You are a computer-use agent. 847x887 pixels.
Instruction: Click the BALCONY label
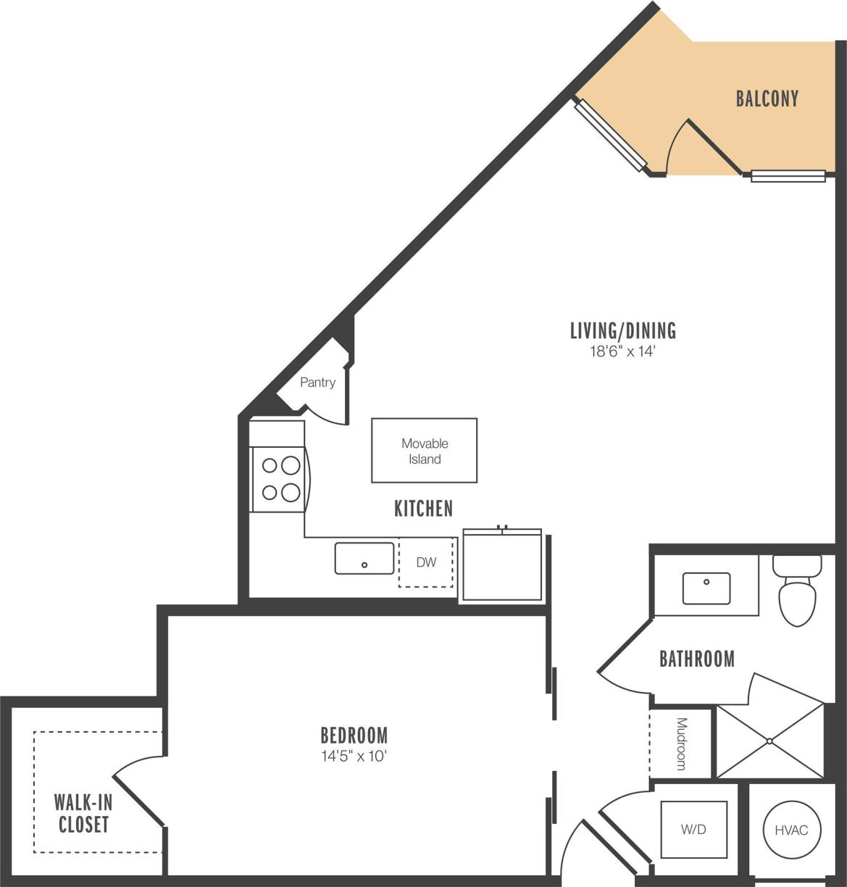click(x=767, y=99)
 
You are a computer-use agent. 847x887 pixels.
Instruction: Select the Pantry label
click(x=317, y=383)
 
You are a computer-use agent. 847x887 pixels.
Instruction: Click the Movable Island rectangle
click(x=424, y=451)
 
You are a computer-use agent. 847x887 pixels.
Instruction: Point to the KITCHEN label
click(x=423, y=509)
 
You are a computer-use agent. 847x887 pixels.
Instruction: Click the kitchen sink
click(x=364, y=559)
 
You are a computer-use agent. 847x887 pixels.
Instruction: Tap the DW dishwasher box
click(x=426, y=562)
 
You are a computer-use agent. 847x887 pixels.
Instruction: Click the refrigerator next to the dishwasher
click(x=502, y=566)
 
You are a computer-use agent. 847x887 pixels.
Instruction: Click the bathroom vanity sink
click(x=706, y=588)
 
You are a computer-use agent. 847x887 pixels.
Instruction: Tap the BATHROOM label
click(x=696, y=659)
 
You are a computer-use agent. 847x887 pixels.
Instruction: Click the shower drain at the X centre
click(x=769, y=741)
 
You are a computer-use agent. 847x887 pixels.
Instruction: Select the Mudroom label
click(x=681, y=744)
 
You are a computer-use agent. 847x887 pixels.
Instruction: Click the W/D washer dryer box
click(x=693, y=830)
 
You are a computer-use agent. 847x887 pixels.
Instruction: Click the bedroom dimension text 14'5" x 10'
click(x=355, y=757)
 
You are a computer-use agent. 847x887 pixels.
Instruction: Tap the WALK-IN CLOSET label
click(x=83, y=813)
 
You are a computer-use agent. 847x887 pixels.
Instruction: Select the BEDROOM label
click(x=354, y=736)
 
